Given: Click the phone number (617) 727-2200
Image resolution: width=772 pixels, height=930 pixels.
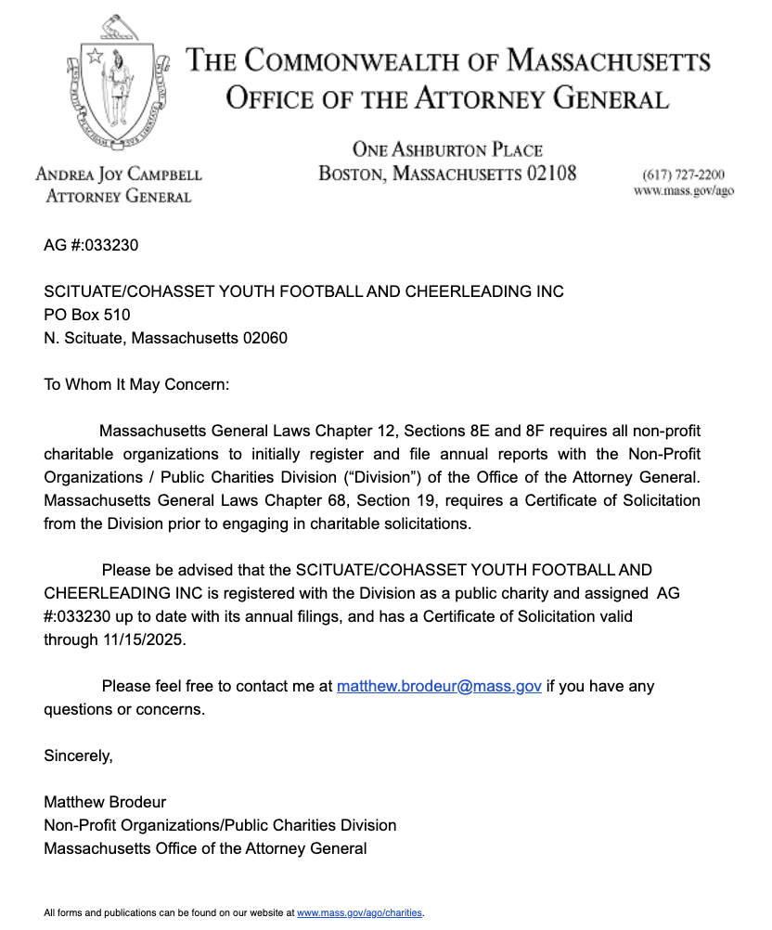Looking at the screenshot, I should [x=683, y=174].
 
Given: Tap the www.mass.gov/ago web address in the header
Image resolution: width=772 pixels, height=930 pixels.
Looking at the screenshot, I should [x=683, y=190].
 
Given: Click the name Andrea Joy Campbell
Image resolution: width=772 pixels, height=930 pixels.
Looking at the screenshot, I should [x=119, y=174].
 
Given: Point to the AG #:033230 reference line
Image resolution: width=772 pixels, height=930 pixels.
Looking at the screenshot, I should [x=91, y=246].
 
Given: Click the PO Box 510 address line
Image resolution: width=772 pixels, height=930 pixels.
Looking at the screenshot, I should [x=87, y=315].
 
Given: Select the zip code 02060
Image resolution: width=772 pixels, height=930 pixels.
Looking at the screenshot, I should [x=265, y=338].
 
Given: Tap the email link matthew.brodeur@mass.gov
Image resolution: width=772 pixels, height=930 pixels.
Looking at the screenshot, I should [x=439, y=687].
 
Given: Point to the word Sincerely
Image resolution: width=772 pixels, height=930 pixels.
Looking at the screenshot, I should [x=78, y=756].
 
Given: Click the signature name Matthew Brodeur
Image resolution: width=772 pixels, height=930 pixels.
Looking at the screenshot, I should [x=105, y=802].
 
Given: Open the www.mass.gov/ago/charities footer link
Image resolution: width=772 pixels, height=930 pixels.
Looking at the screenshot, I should [x=359, y=913].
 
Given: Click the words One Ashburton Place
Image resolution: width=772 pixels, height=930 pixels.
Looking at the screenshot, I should [x=447, y=150].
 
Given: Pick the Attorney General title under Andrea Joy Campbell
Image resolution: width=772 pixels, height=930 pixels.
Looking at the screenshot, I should [x=119, y=196].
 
